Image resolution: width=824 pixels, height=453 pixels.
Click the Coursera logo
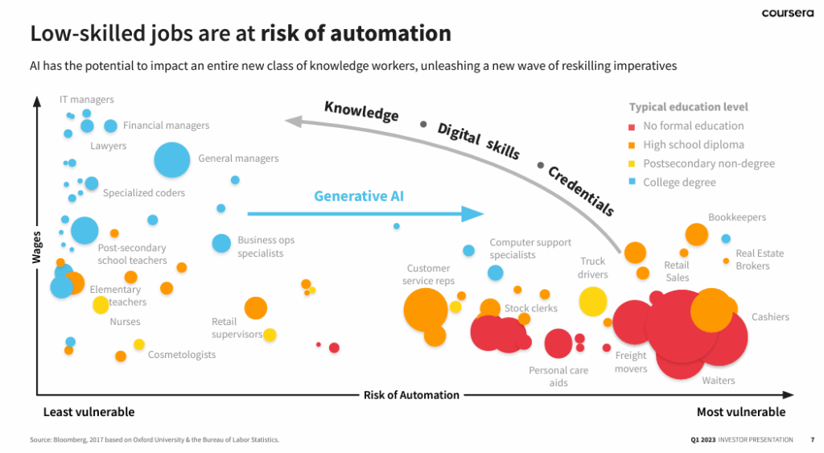pos(786,13)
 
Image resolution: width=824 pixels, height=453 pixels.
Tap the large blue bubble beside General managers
pos(171,159)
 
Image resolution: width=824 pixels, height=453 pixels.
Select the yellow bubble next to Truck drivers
pos(593,301)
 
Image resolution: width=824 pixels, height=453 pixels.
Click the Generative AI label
pos(359,196)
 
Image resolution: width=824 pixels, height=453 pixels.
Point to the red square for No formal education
pos(632,126)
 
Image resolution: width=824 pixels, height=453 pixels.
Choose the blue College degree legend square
pos(632,183)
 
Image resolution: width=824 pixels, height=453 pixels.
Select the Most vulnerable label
pos(740,412)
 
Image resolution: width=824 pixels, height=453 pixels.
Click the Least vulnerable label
pos(89,412)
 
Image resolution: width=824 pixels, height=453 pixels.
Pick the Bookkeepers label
pos(737,217)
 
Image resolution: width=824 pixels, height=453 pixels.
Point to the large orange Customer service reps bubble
pos(425,310)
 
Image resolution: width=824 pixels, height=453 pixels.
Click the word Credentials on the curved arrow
pos(581,191)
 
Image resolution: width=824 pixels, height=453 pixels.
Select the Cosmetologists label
pos(182,355)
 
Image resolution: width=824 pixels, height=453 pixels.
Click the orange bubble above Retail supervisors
pos(256,307)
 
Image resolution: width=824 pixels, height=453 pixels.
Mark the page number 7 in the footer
pos(811,439)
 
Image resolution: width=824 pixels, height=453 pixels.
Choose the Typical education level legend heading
pos(688,107)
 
